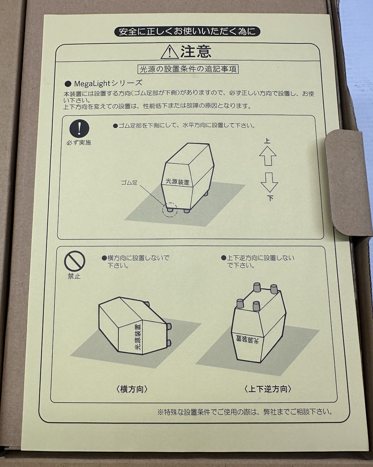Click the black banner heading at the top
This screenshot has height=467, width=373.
click(x=187, y=32)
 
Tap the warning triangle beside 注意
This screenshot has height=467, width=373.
click(x=169, y=52)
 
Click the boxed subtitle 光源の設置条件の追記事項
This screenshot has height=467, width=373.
click(x=188, y=69)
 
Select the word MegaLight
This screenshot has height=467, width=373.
click(x=92, y=84)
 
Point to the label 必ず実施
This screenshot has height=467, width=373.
click(x=79, y=142)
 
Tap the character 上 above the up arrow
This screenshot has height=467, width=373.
click(x=267, y=141)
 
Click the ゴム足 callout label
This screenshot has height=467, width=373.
click(x=129, y=182)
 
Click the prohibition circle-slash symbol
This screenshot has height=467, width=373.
click(x=75, y=261)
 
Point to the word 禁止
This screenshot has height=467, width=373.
click(x=74, y=277)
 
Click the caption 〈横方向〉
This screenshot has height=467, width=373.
click(x=132, y=389)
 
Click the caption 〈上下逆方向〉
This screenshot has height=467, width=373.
click(x=268, y=389)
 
